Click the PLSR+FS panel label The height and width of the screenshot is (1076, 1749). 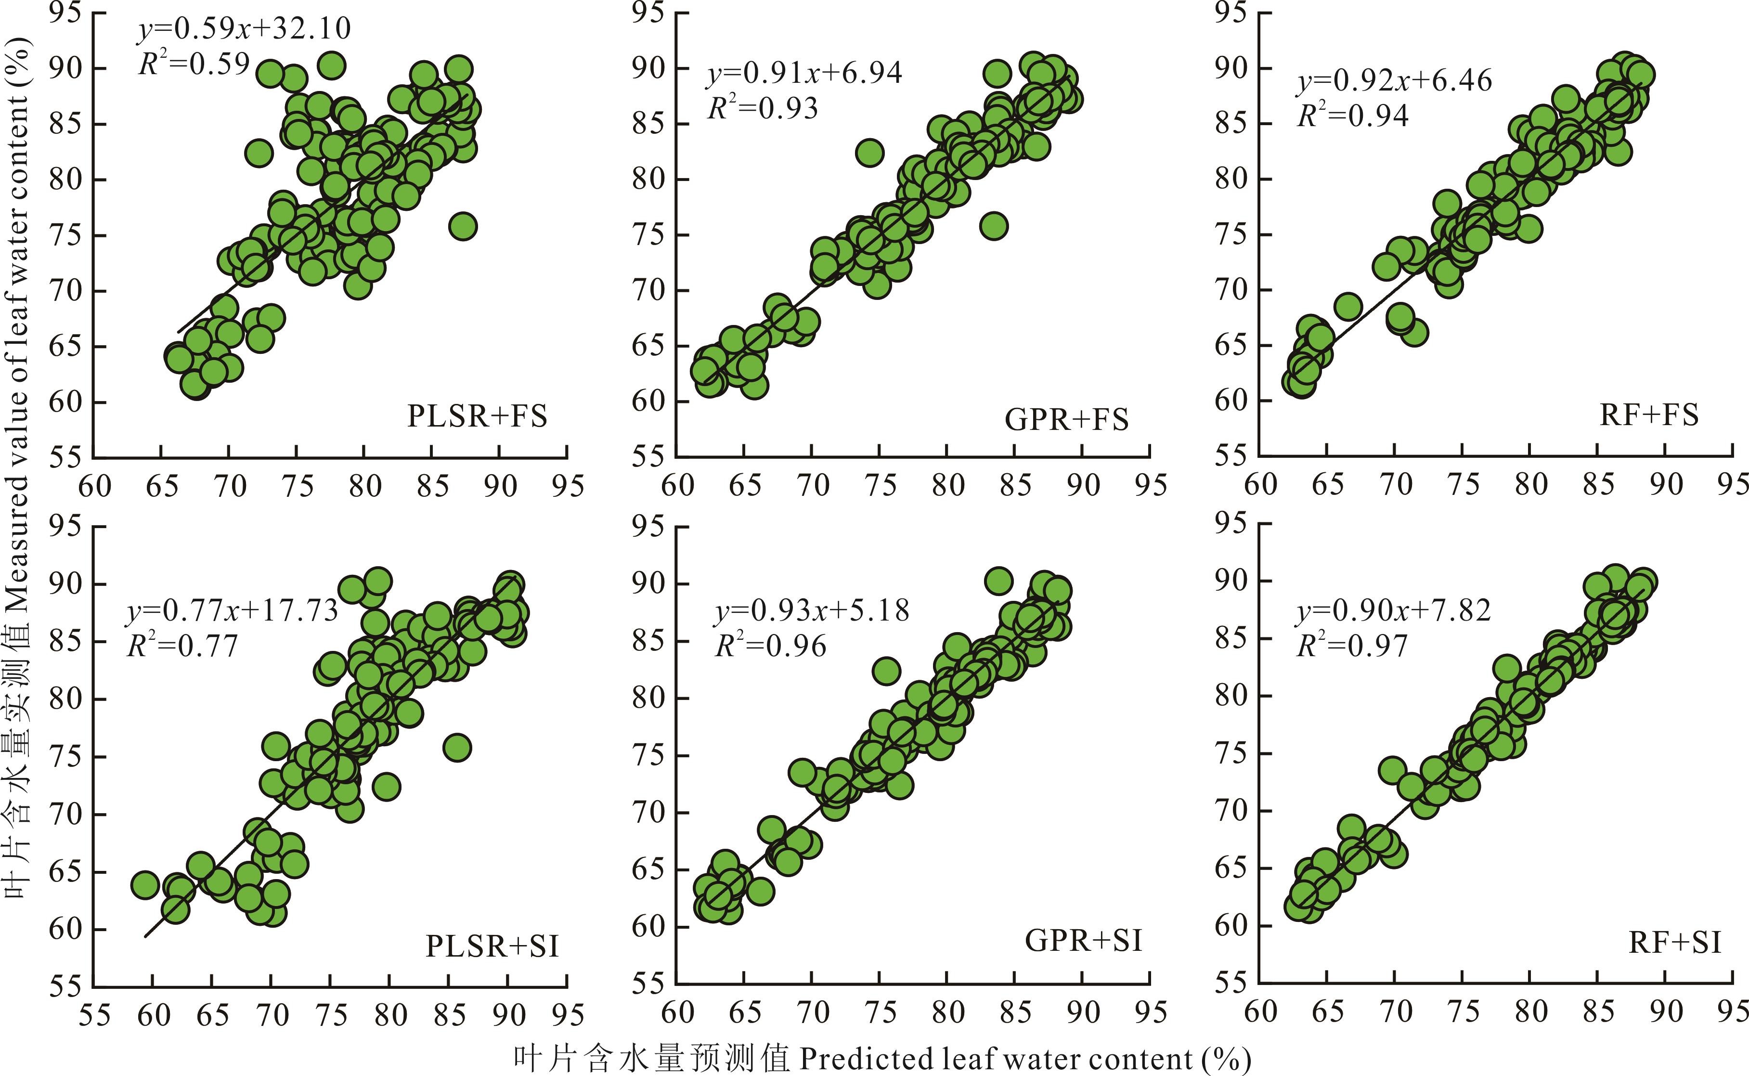[x=477, y=416]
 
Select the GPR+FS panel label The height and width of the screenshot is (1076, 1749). [x=1066, y=420]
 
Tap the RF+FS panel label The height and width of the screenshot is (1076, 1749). [x=1649, y=415]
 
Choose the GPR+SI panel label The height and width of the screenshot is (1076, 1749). [x=1083, y=941]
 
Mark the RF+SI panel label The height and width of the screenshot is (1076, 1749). [x=1674, y=943]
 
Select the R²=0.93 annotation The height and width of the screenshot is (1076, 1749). [x=762, y=108]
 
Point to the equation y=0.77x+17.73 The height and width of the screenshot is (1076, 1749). [x=232, y=610]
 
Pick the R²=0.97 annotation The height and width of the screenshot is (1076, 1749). [x=1352, y=646]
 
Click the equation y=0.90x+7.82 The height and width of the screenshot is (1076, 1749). [x=1393, y=610]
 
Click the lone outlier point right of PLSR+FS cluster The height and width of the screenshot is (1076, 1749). [x=463, y=226]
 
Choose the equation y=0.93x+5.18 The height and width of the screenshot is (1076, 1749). [x=811, y=610]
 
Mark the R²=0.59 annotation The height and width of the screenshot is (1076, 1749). [x=194, y=64]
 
